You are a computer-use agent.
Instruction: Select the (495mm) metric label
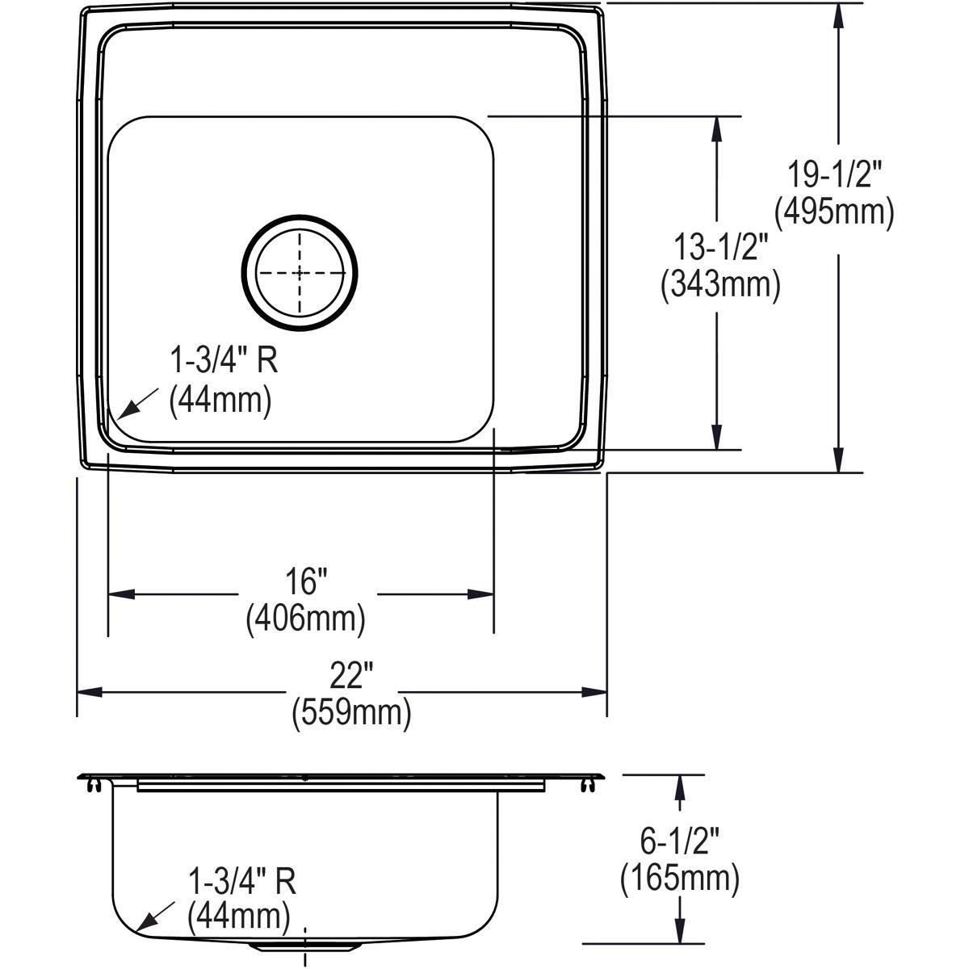point(834,212)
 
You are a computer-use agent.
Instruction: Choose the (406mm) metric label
point(305,619)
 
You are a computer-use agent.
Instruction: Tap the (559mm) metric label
point(350,712)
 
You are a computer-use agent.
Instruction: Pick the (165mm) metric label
point(679,878)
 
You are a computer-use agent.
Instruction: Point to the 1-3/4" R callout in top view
point(223,361)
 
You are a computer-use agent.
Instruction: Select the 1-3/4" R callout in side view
point(241,881)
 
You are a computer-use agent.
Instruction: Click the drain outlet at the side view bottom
point(304,945)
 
